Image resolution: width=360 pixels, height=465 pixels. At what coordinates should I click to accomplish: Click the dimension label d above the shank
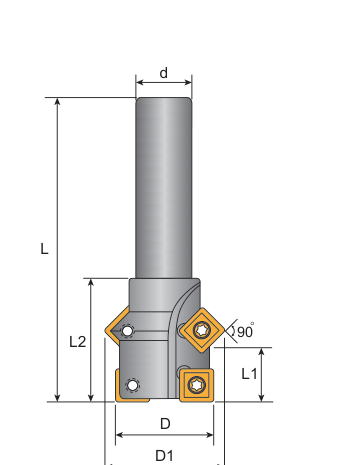164,73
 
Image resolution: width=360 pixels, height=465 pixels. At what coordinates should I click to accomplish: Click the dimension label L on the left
44,249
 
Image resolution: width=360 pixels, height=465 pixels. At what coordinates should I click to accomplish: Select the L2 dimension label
78,342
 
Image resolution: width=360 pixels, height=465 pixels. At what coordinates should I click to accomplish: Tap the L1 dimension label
249,374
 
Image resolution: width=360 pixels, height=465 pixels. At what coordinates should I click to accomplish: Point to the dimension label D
165,424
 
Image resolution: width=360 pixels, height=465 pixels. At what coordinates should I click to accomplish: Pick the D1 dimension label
165,455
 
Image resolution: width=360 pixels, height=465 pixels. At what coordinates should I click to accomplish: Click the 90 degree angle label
245,331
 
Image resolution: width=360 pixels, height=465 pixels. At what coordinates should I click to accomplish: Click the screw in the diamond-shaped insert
202,330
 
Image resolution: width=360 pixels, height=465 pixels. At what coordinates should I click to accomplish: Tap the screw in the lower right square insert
197,385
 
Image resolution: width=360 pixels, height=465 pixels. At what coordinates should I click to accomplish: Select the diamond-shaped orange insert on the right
203,330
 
